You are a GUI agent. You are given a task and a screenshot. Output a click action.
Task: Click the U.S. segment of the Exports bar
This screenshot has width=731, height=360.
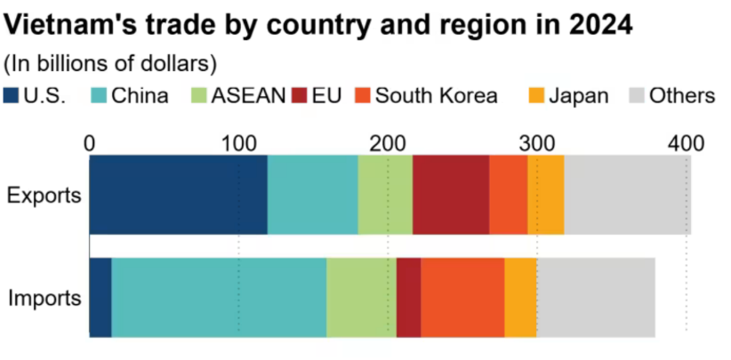pos(178,194)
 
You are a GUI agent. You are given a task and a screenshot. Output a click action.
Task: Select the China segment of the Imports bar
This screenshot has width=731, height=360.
pos(219,298)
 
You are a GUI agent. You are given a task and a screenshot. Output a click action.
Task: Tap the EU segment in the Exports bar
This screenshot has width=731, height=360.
pos(451,194)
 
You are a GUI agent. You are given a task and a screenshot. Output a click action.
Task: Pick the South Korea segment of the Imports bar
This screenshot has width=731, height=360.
pos(462,298)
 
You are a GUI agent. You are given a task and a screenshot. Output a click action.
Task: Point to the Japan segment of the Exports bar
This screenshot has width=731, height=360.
pos(545,194)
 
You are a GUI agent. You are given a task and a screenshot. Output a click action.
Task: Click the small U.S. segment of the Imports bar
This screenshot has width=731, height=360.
pos(100,298)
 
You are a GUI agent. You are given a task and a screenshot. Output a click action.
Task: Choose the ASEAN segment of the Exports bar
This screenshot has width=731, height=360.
pos(385,194)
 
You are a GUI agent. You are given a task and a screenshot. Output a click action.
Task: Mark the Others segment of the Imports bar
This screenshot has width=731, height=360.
pos(596,298)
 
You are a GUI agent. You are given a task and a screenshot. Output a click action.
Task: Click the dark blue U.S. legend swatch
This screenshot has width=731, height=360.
pos(12,95)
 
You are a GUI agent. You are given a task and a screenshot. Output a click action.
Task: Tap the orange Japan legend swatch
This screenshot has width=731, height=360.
pos(538,95)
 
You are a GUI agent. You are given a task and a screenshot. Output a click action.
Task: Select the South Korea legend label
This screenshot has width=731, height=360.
pos(437,95)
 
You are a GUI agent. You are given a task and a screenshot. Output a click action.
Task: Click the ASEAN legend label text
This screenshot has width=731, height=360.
pos(248,95)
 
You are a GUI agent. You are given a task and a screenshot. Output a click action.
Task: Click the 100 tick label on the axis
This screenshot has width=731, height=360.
pos(238,142)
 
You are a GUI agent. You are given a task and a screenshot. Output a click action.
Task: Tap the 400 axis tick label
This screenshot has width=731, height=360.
pos(686,142)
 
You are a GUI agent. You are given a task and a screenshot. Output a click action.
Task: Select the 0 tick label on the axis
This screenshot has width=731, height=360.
pos(89,142)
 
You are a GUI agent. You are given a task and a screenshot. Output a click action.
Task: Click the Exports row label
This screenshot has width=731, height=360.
pos(44,195)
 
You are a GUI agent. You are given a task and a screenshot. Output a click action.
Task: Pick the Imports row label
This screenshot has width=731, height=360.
pos(44,299)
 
